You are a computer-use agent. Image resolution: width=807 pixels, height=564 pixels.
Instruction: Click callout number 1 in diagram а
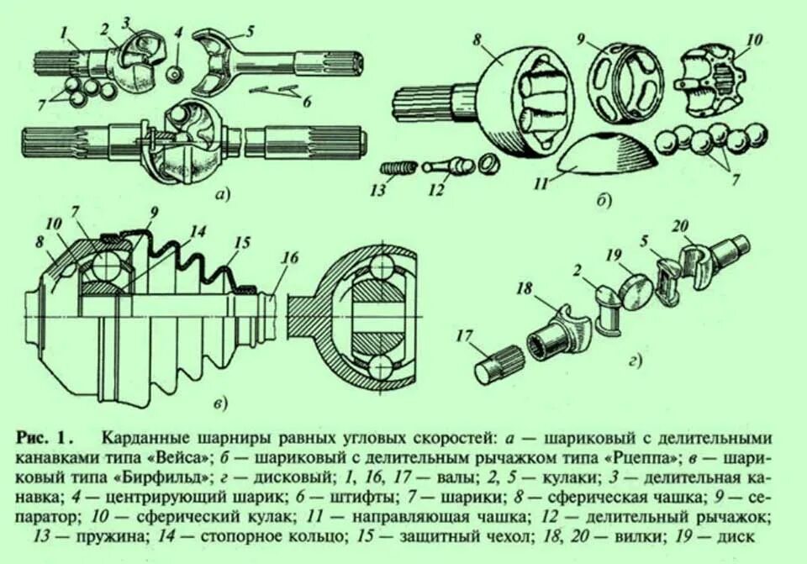pos(64,33)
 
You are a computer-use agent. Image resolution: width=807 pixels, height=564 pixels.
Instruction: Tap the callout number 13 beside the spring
pos(377,189)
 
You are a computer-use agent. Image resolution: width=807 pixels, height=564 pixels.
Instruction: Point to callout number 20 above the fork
pos(680,224)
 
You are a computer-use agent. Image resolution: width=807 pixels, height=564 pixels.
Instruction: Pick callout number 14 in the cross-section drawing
pos(197,230)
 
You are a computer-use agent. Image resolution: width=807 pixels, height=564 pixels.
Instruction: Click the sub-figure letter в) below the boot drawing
pos(219,406)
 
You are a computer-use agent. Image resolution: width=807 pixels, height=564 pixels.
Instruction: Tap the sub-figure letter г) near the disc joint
pos(635,362)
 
